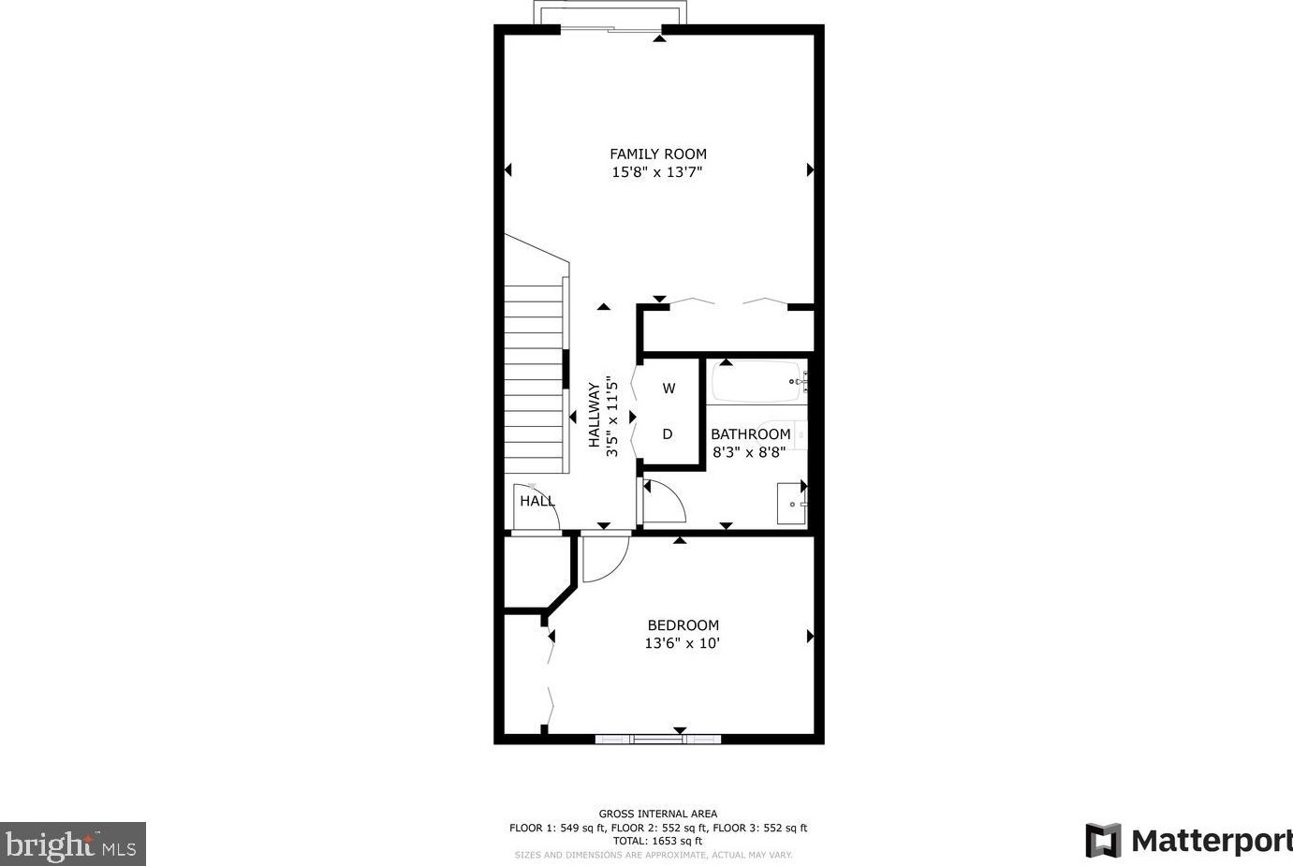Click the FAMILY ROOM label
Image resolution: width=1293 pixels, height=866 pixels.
[x=657, y=154]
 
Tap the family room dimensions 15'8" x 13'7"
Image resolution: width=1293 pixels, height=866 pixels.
[x=657, y=172]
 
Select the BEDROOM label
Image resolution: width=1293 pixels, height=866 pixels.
[x=683, y=625]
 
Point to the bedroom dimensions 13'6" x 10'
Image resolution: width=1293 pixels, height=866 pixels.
[x=682, y=643]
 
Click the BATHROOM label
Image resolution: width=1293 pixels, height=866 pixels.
[x=750, y=434]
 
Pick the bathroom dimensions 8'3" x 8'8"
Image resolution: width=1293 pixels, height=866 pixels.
[x=749, y=452]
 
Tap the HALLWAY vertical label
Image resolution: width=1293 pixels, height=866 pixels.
[x=594, y=415]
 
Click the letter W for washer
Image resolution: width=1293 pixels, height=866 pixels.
[x=669, y=389]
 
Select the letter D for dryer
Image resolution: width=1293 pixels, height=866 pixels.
[x=668, y=434]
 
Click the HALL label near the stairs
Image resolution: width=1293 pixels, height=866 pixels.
[x=536, y=502]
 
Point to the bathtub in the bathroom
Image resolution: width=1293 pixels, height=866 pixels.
[x=756, y=382]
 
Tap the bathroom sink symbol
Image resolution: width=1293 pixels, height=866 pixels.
[x=791, y=504]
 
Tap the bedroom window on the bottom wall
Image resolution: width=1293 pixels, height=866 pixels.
[x=658, y=740]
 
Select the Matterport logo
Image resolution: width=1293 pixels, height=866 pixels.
[x=1187, y=840]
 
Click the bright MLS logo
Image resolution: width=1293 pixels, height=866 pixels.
[x=72, y=844]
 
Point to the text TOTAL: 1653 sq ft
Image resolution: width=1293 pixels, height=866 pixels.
[x=657, y=841]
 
